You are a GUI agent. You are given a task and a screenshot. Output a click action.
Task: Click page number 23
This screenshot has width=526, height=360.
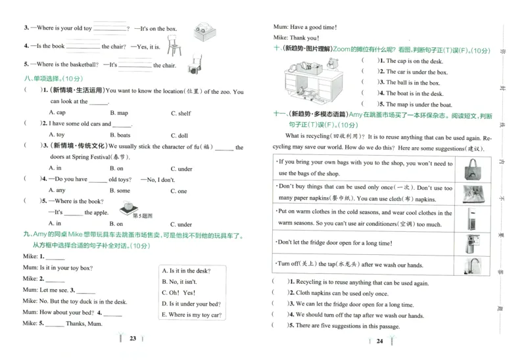point(132,339)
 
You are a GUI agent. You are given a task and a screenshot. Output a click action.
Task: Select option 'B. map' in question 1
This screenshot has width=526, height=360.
point(118,113)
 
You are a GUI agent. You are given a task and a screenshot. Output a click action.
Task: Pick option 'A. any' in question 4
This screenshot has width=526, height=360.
point(57,191)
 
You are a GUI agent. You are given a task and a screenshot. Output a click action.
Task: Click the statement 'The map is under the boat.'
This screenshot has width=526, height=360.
point(414,104)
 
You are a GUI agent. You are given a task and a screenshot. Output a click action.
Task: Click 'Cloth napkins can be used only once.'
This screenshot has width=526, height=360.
point(339,293)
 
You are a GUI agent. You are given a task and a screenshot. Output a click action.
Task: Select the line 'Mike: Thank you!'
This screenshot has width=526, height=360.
point(295,38)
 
